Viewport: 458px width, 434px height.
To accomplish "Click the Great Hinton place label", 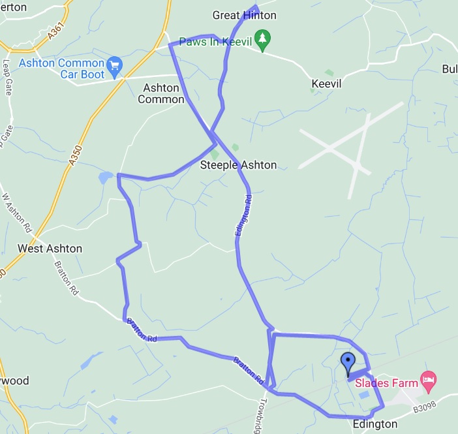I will [245, 15].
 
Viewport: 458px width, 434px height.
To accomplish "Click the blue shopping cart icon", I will [115, 65].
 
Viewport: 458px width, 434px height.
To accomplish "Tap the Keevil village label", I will [326, 84].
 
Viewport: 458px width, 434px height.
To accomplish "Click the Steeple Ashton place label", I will [238, 165].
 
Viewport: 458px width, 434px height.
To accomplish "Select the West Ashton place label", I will [50, 249].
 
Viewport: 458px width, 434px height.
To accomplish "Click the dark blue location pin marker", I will [348, 362].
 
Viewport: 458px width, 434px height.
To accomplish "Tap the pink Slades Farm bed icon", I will [428, 379].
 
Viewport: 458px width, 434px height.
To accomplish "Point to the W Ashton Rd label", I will [18, 212].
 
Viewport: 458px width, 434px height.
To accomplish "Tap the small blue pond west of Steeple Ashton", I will [105, 178].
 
